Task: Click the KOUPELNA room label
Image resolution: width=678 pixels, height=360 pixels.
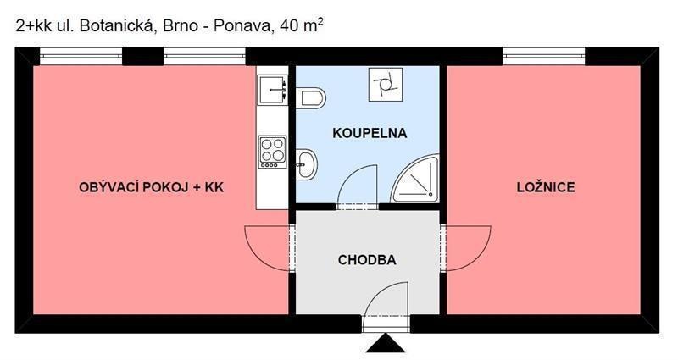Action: pos(370,133)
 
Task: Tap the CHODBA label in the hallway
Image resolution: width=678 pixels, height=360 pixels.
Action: pos(367,260)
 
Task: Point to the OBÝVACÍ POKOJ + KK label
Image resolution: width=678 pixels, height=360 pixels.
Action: pos(151,187)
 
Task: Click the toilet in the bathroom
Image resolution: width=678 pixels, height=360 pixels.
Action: pos(313,97)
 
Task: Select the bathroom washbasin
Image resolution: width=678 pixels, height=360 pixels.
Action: pos(307,161)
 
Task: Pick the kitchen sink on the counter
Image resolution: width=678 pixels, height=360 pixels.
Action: pos(272,86)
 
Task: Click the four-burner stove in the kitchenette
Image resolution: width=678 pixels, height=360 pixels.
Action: pos(272,152)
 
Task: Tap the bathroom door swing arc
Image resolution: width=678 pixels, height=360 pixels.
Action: pos(356,181)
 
